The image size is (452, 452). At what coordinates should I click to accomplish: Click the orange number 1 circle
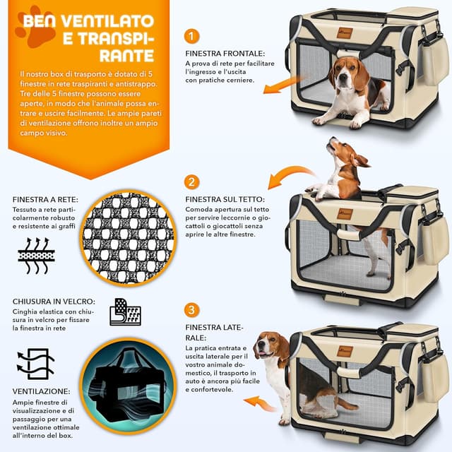(x=192, y=36)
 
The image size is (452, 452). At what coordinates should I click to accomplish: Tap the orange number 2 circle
(x=192, y=182)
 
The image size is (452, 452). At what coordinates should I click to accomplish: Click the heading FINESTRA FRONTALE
(x=225, y=53)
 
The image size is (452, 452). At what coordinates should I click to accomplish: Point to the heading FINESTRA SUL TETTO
(x=225, y=199)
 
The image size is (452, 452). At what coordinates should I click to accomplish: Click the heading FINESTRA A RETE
(x=45, y=199)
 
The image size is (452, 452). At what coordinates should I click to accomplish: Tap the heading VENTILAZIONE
(x=41, y=391)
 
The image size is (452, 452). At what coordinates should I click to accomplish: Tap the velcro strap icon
(x=125, y=311)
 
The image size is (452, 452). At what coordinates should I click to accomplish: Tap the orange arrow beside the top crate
(x=282, y=85)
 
